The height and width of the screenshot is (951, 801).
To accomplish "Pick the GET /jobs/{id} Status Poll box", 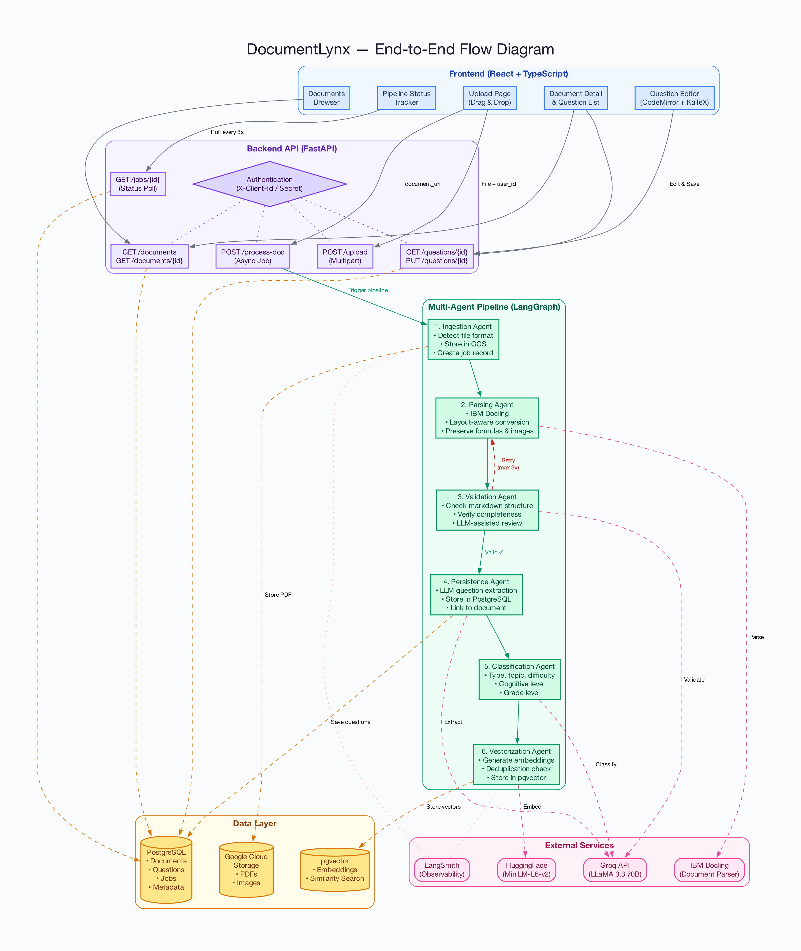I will [x=138, y=184].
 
